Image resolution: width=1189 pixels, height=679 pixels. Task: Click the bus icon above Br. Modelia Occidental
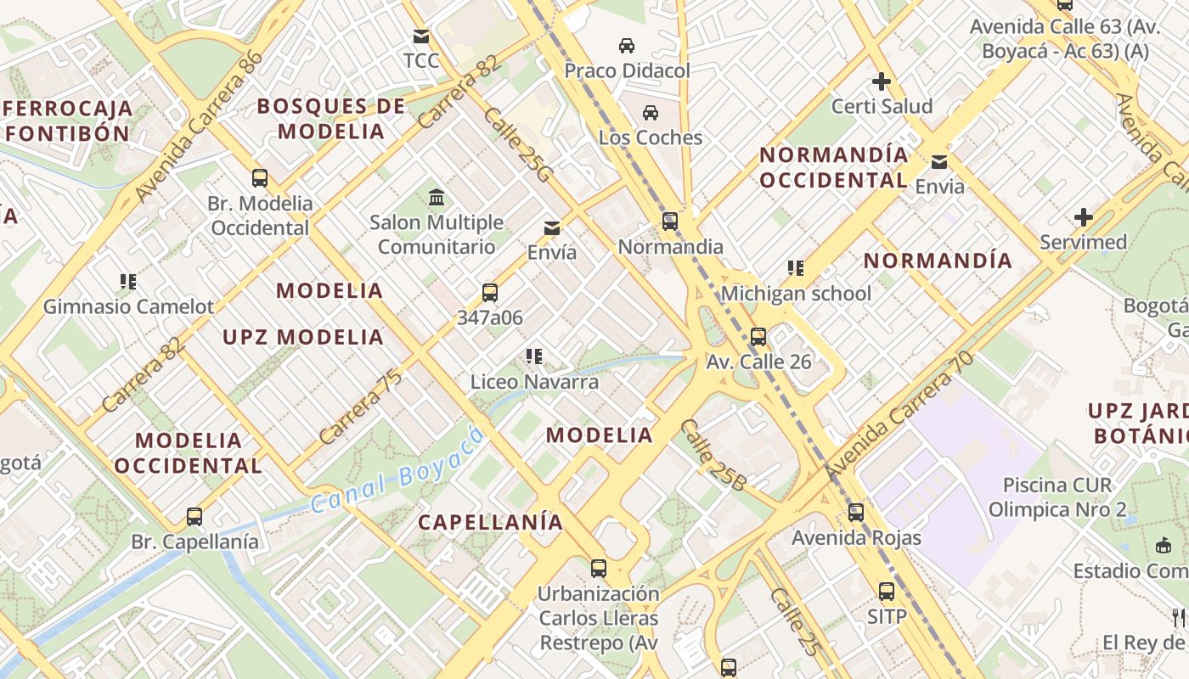tap(260, 178)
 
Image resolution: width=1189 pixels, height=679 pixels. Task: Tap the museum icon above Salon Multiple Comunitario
tap(437, 198)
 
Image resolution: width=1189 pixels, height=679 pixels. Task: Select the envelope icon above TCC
tap(420, 36)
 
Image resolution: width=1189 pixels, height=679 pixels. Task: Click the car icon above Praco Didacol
tap(627, 45)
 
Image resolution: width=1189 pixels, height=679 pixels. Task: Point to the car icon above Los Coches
tap(651, 112)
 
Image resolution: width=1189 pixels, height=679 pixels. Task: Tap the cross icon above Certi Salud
tap(882, 81)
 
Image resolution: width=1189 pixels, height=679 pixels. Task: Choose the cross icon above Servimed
tap(1083, 217)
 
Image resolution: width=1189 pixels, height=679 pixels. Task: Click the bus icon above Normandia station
tap(670, 222)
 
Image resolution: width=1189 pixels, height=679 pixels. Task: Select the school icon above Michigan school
tap(796, 268)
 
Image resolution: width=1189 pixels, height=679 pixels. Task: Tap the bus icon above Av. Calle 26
tap(758, 336)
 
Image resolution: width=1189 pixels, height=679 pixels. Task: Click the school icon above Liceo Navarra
tap(534, 356)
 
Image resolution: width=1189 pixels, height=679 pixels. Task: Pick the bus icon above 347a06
tap(490, 293)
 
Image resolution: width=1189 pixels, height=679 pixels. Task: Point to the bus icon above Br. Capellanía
tap(194, 516)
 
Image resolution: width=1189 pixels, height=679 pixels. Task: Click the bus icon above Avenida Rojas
tap(856, 513)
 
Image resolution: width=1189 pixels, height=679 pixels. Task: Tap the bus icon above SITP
tap(887, 591)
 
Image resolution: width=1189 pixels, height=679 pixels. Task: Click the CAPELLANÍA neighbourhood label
tap(490, 522)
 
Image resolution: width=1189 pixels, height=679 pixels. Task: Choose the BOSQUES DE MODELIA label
tap(331, 119)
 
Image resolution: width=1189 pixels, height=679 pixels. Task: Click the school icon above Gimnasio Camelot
tap(128, 281)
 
